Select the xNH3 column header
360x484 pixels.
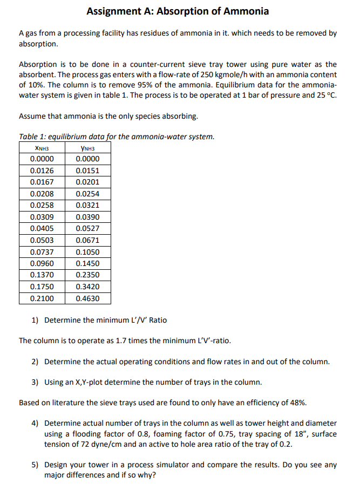click(x=42, y=148)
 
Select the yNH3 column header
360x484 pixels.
click(x=87, y=148)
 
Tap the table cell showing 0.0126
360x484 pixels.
click(x=42, y=171)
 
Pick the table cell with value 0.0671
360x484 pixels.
click(x=87, y=240)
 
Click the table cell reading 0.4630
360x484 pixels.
click(x=87, y=298)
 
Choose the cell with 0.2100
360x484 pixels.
click(x=42, y=298)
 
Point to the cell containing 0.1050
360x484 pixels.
click(x=87, y=252)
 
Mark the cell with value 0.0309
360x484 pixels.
click(x=42, y=217)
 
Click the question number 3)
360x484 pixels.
click(x=35, y=382)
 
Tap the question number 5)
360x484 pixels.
click(x=35, y=464)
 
